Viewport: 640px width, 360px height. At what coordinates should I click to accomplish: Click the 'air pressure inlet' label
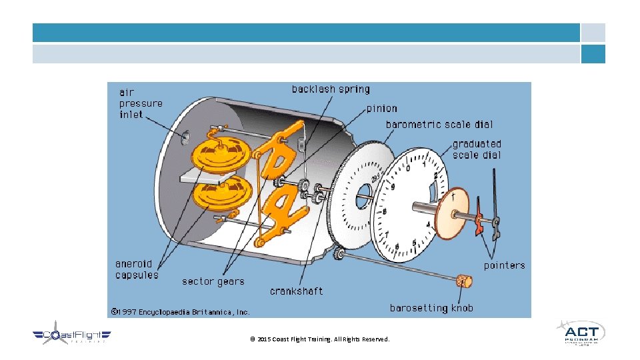click(x=141, y=103)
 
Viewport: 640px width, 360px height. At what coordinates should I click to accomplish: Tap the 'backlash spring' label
click(x=331, y=89)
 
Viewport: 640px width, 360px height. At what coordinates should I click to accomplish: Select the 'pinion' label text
click(x=381, y=109)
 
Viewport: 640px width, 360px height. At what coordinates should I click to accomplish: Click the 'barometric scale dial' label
click(x=439, y=125)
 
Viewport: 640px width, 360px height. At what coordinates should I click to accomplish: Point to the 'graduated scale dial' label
click(x=477, y=149)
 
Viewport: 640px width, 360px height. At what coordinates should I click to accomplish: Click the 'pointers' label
click(x=504, y=265)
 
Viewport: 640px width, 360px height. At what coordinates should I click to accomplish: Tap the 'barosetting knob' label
click(x=431, y=308)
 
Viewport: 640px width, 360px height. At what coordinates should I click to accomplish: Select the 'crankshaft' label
click(x=296, y=291)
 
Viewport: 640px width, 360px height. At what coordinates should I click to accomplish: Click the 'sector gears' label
click(x=213, y=281)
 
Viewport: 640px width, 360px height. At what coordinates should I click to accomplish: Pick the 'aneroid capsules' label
click(x=137, y=269)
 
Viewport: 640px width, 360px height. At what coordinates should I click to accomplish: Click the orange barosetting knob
click(x=464, y=281)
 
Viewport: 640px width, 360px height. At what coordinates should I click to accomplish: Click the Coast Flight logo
click(x=72, y=335)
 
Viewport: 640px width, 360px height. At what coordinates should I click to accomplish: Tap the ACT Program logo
click(x=579, y=333)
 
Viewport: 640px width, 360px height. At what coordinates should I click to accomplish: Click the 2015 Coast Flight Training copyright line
click(x=319, y=339)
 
